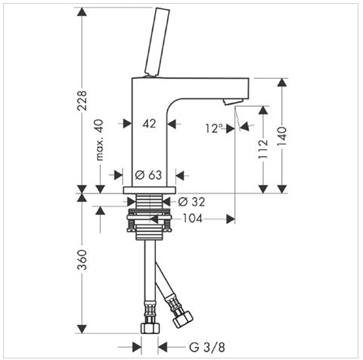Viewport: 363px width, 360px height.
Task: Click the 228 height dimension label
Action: point(82,100)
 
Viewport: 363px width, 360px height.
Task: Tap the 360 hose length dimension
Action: point(82,260)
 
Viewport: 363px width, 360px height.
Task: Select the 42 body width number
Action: point(149,124)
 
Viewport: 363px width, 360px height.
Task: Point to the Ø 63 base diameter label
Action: point(148,175)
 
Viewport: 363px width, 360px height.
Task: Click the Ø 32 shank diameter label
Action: point(192,202)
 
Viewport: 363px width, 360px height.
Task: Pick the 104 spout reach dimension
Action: point(193,219)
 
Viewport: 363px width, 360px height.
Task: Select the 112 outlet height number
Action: point(263,149)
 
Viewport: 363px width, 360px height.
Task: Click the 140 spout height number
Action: point(282,136)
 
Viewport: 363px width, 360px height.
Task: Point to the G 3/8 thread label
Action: point(207,347)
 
